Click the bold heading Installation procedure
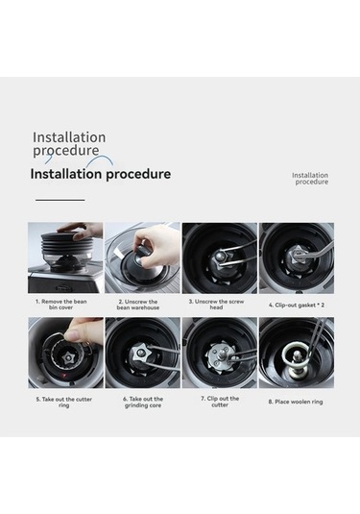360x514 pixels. pos(101,174)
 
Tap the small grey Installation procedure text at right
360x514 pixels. pos(310,179)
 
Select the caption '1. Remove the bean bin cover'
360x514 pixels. pos(60,305)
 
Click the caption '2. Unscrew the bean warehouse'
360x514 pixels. pos(138,305)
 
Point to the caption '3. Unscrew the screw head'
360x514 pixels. pos(216,305)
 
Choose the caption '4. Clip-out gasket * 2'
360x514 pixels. pos(297,305)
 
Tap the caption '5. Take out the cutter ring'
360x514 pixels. pos(64,403)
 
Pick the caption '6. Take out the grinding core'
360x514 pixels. pos(143,403)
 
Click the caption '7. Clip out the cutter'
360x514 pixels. pos(220,402)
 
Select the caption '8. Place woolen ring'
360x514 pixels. pos(296,402)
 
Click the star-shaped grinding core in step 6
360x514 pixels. pos(139,354)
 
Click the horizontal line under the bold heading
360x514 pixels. pos(60,200)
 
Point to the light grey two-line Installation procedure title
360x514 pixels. pos(69,143)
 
